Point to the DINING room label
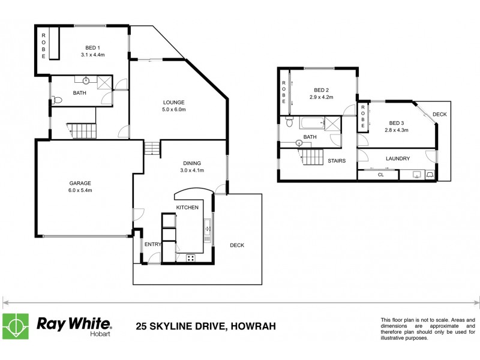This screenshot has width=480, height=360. point(192,163)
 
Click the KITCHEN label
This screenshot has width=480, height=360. point(187,207)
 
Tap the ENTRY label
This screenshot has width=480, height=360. point(152,244)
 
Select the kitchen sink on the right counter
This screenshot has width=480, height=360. point(208,227)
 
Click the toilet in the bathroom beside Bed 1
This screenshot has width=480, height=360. point(56,100)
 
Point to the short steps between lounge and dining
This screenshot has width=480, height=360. point(152,147)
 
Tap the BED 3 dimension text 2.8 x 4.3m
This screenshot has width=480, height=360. point(396,130)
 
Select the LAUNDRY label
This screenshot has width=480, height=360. point(398,158)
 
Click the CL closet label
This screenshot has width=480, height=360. point(380,175)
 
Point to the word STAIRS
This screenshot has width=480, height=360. point(337,161)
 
